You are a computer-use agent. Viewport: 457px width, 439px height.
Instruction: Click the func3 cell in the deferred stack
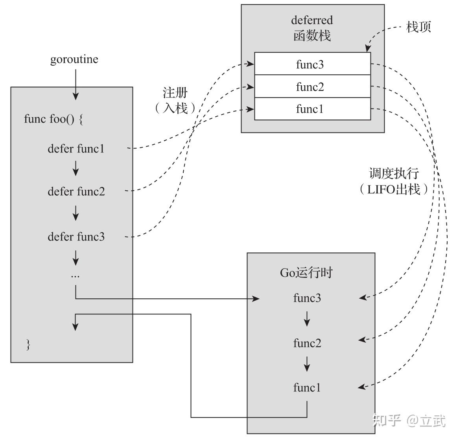click(x=312, y=64)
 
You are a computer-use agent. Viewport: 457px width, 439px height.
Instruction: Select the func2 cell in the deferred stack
click(x=312, y=86)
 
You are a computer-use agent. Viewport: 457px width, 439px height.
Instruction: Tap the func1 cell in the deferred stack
click(x=312, y=109)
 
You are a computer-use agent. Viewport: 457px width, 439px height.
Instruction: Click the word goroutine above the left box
click(x=74, y=59)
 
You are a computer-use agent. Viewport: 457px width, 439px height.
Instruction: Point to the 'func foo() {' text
click(x=53, y=119)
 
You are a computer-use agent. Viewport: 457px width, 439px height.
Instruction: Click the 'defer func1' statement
click(x=76, y=149)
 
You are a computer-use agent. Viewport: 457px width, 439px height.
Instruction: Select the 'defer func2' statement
click(x=76, y=191)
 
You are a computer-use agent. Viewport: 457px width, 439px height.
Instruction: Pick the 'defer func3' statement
click(x=76, y=237)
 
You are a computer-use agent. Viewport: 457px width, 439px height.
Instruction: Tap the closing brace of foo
click(x=28, y=344)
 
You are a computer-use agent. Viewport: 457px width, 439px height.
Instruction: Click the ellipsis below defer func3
click(x=75, y=276)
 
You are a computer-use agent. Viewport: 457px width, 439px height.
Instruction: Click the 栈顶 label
click(x=418, y=27)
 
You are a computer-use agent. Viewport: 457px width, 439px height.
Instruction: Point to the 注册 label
click(x=175, y=93)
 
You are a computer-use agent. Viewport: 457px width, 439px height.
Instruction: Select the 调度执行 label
click(x=394, y=173)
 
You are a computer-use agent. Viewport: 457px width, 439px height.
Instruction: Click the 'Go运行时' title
click(x=306, y=272)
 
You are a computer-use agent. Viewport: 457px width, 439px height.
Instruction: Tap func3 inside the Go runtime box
click(x=307, y=298)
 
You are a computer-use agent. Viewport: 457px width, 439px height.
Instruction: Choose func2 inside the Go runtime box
click(x=307, y=343)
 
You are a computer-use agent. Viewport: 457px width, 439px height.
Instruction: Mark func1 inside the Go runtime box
click(x=307, y=388)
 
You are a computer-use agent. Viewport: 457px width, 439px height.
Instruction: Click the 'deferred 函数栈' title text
click(x=312, y=28)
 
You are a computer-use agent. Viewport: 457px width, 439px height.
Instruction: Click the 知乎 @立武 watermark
click(x=409, y=420)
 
